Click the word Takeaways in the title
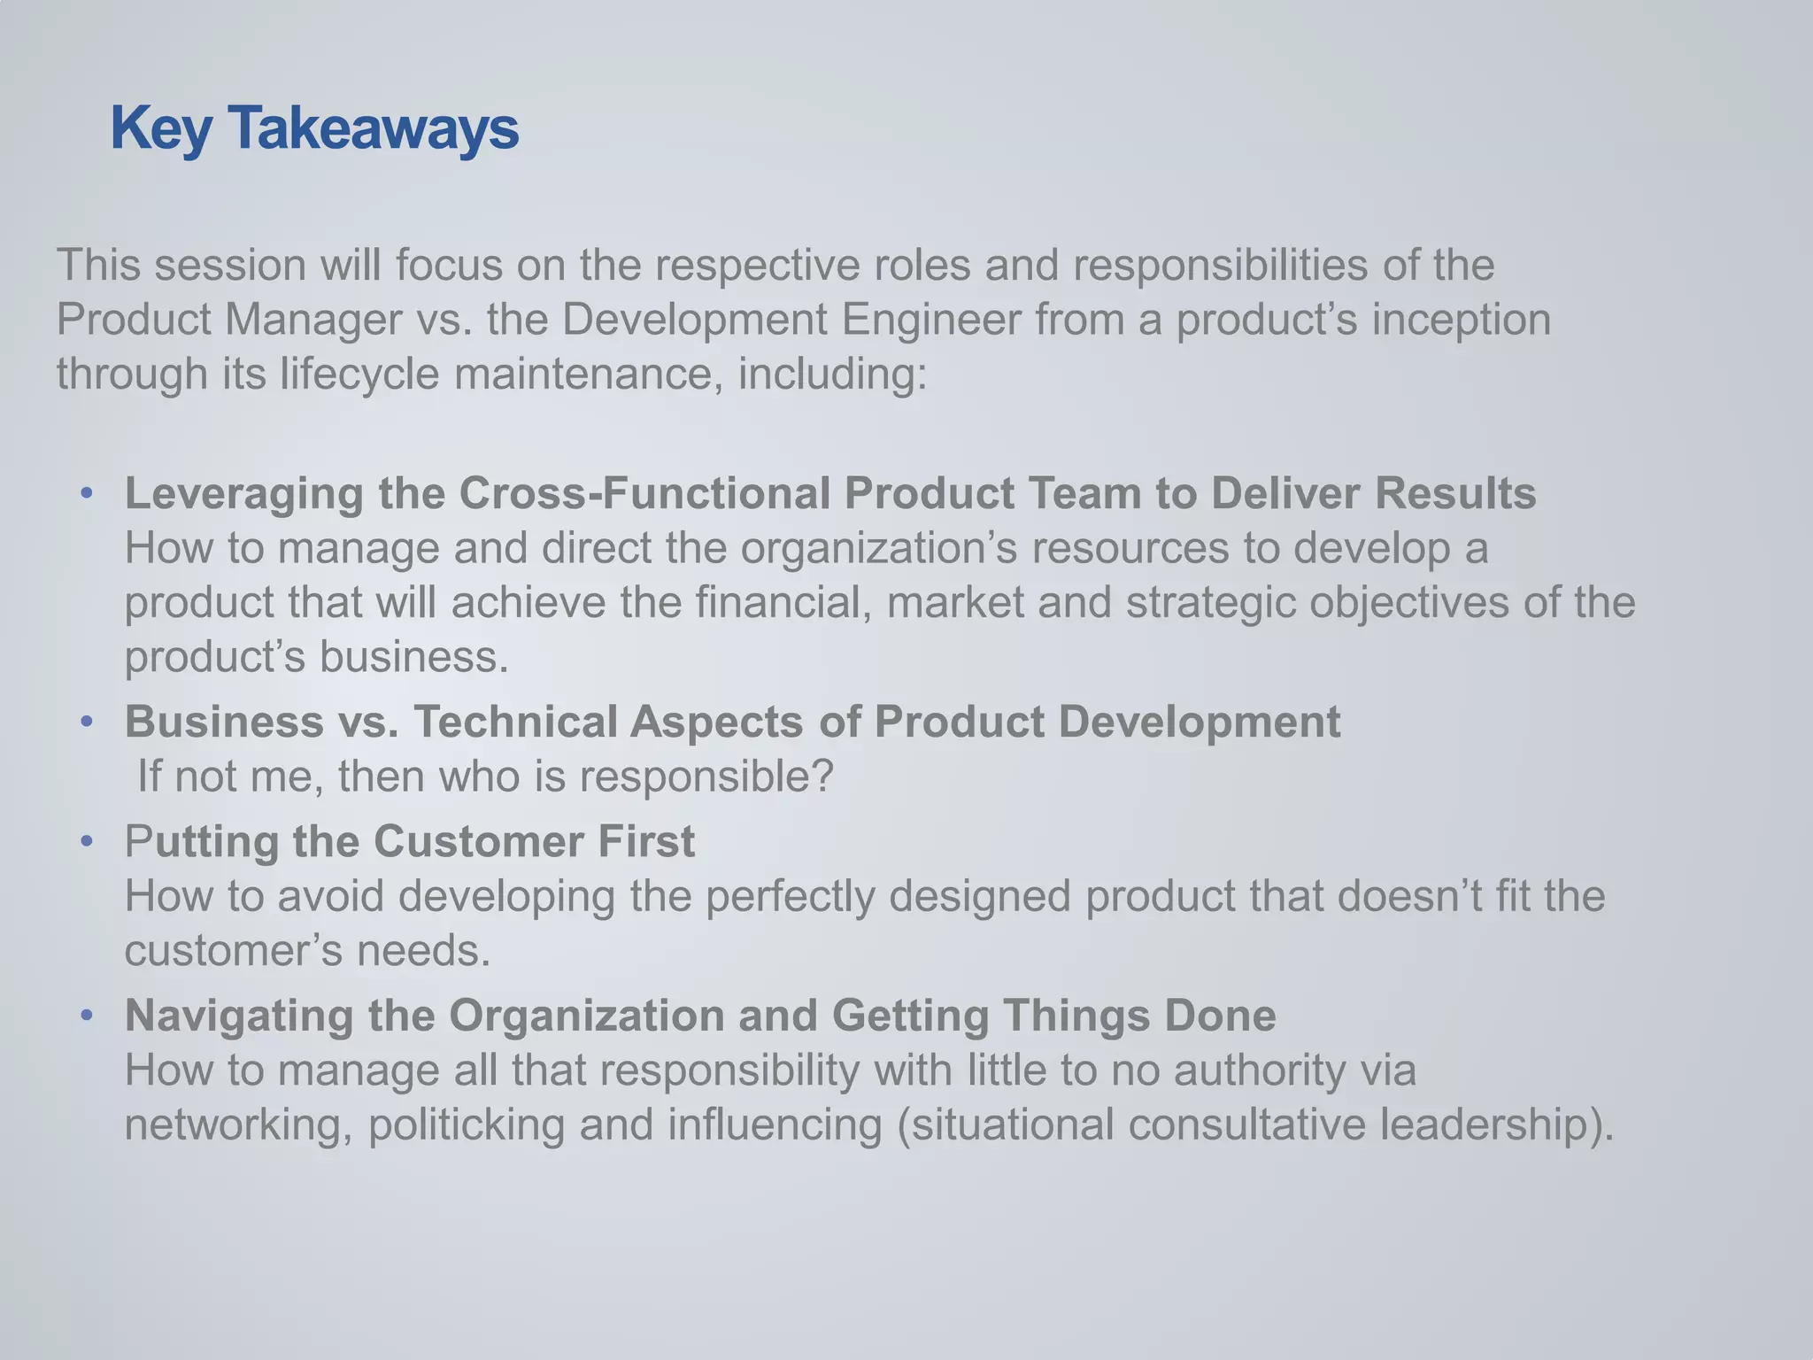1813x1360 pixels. (x=374, y=129)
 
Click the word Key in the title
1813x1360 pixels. (x=161, y=129)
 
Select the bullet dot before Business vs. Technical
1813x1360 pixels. (x=86, y=722)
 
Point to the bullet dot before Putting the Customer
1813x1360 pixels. (x=86, y=840)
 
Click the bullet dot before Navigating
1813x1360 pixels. (x=86, y=1015)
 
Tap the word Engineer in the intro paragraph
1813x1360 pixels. (x=931, y=320)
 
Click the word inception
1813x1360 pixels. (x=1461, y=320)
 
